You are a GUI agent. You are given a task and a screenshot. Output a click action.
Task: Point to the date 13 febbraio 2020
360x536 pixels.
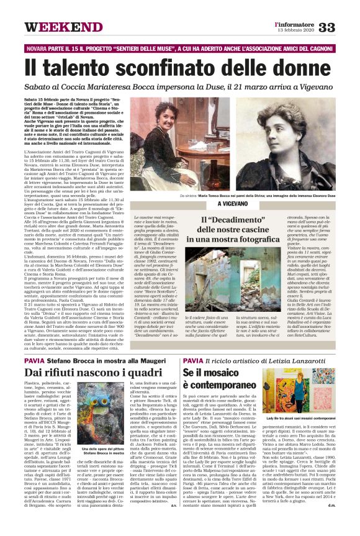296,31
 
